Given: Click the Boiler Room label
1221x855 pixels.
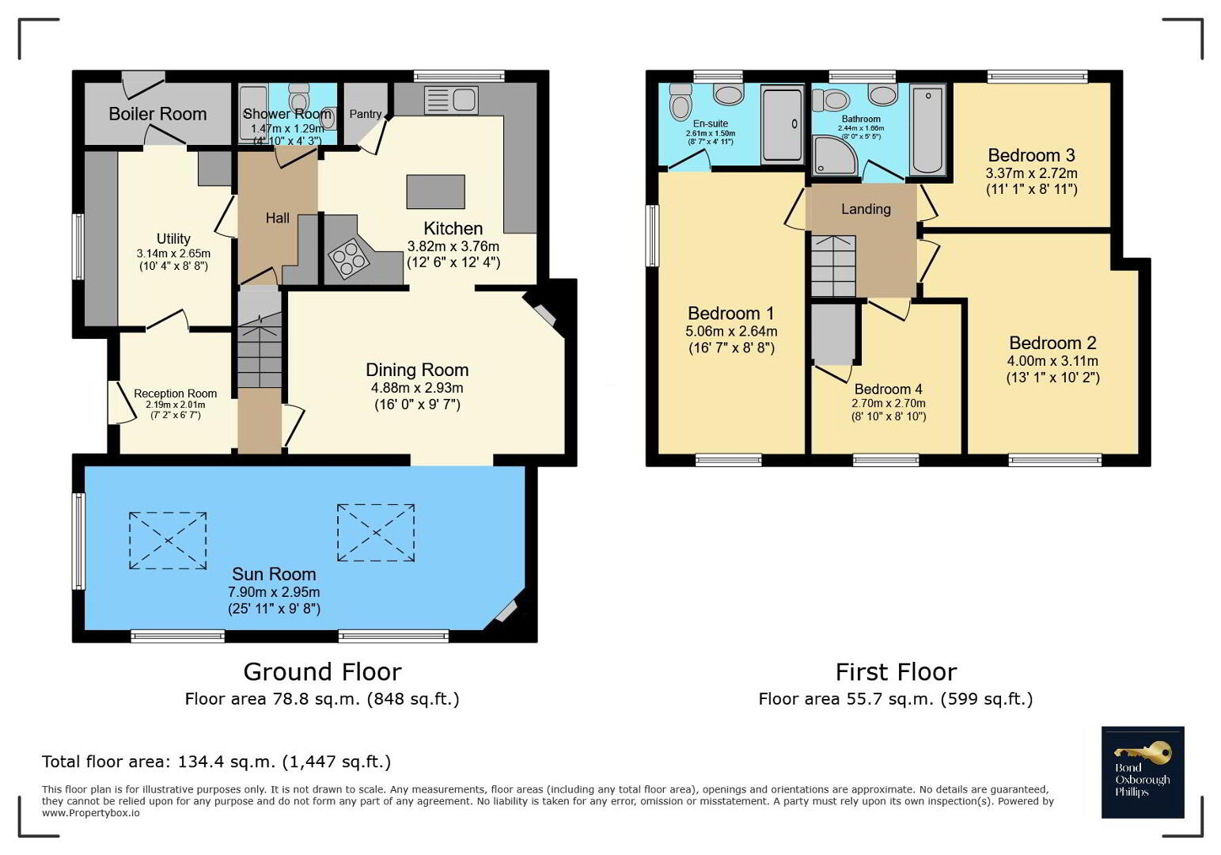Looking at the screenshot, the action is pyautogui.click(x=157, y=113).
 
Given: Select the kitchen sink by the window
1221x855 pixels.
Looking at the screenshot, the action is pyautogui.click(x=451, y=100).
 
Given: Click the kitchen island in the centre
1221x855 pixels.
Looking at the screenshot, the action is pyautogui.click(x=435, y=192).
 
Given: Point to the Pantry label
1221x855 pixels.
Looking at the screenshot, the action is pyautogui.click(x=365, y=114).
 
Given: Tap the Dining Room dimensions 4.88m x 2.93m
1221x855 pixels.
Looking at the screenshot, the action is pyautogui.click(x=417, y=388).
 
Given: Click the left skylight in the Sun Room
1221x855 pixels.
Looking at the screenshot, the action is pyautogui.click(x=168, y=541).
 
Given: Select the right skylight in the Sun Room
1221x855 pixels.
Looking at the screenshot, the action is pyautogui.click(x=376, y=533).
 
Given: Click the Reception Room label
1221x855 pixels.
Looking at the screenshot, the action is pyautogui.click(x=175, y=393).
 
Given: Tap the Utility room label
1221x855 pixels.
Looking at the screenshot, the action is pyautogui.click(x=173, y=238).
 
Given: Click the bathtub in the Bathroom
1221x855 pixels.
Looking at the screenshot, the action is pyautogui.click(x=927, y=130).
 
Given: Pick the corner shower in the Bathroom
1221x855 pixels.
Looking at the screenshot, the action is pyautogui.click(x=834, y=154).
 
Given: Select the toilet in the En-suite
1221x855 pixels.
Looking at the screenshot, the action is pyautogui.click(x=680, y=101).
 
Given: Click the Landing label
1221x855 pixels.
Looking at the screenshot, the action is pyautogui.click(x=866, y=209).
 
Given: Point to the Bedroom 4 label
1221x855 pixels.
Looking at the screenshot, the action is pyautogui.click(x=888, y=389).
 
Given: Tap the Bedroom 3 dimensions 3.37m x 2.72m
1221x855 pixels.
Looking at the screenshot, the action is pyautogui.click(x=1031, y=173).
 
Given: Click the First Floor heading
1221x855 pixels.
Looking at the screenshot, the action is pyautogui.click(x=896, y=672).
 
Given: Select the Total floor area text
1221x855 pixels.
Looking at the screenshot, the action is pyautogui.click(x=216, y=762).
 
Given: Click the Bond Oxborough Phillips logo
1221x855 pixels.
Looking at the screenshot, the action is pyautogui.click(x=1143, y=772).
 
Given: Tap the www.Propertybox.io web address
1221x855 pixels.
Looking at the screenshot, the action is pyautogui.click(x=90, y=813).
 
